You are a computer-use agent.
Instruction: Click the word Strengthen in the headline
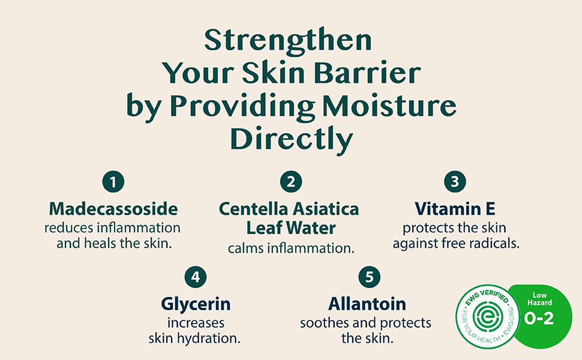[288, 40]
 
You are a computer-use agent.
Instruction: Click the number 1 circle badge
[113, 182]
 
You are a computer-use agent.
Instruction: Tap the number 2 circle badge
[291, 182]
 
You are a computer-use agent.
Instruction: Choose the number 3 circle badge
[455, 182]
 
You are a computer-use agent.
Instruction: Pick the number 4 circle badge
[196, 277]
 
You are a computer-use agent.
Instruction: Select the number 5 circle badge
[370, 277]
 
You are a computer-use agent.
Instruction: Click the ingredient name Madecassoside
[113, 209]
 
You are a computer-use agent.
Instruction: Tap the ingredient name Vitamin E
[455, 209]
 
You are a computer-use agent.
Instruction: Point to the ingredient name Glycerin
[196, 304]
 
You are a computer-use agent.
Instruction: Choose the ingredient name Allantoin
[367, 304]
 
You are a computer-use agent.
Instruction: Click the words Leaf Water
[291, 228]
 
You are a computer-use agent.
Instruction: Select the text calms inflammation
[291, 248]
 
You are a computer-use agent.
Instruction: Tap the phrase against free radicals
[456, 244]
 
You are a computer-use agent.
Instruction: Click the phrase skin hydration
[194, 338]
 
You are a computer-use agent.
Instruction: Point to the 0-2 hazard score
[539, 319]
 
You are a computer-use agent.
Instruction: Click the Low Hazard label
[539, 299]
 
